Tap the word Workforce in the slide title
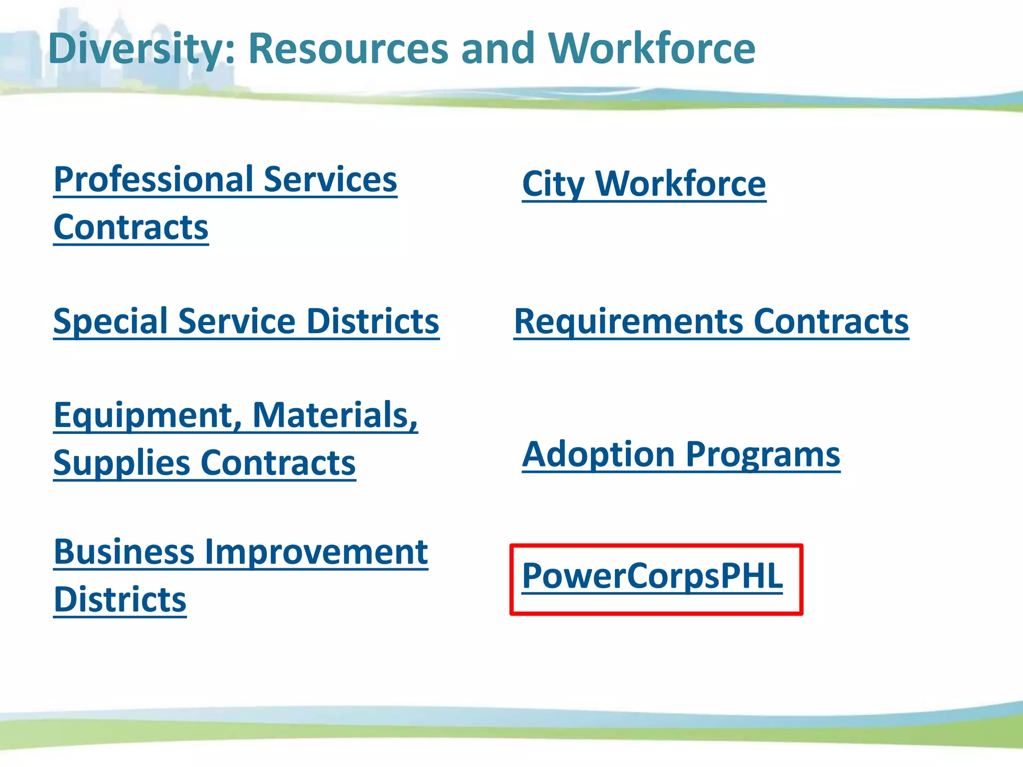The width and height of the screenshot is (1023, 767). coord(652,48)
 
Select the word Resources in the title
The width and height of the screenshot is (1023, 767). coord(349,48)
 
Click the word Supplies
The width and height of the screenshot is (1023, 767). coord(122,463)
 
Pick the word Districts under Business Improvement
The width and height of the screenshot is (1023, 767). coord(120,599)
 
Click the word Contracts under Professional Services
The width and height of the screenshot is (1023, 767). coord(131,227)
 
